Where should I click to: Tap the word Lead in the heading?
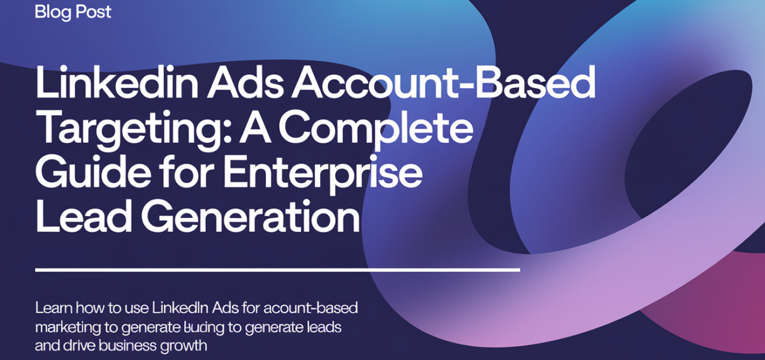coord(81,217)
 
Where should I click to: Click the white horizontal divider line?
coord(277,270)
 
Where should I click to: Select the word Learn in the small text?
coord(54,309)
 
